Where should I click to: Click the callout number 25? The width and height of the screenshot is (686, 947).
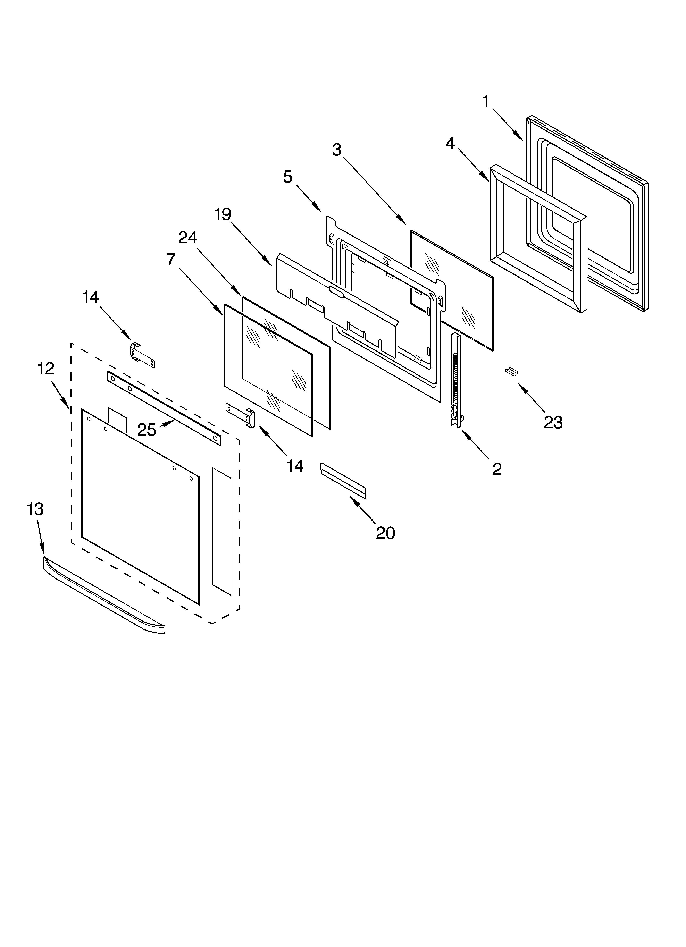pos(147,430)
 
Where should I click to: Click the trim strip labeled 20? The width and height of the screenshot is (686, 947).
pos(343,480)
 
